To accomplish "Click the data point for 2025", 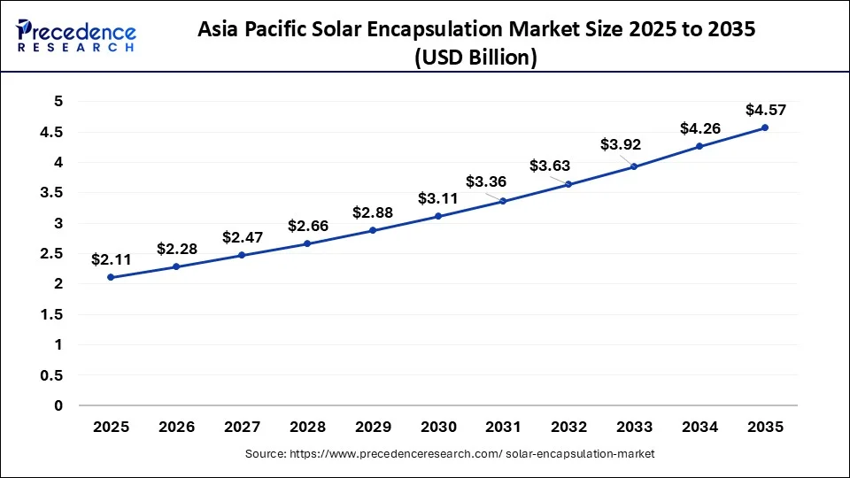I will [111, 277].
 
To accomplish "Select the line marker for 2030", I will [438, 216].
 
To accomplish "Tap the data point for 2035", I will [765, 127].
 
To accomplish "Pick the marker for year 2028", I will [307, 243].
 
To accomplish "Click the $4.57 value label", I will [764, 110].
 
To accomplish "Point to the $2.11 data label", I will [111, 259].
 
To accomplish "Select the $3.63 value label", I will [550, 166].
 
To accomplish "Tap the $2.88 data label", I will [373, 212].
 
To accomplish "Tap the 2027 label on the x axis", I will [242, 427].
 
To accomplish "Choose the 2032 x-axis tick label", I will [568, 427].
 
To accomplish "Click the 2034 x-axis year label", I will [699, 427].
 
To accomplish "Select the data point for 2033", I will [634, 166].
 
